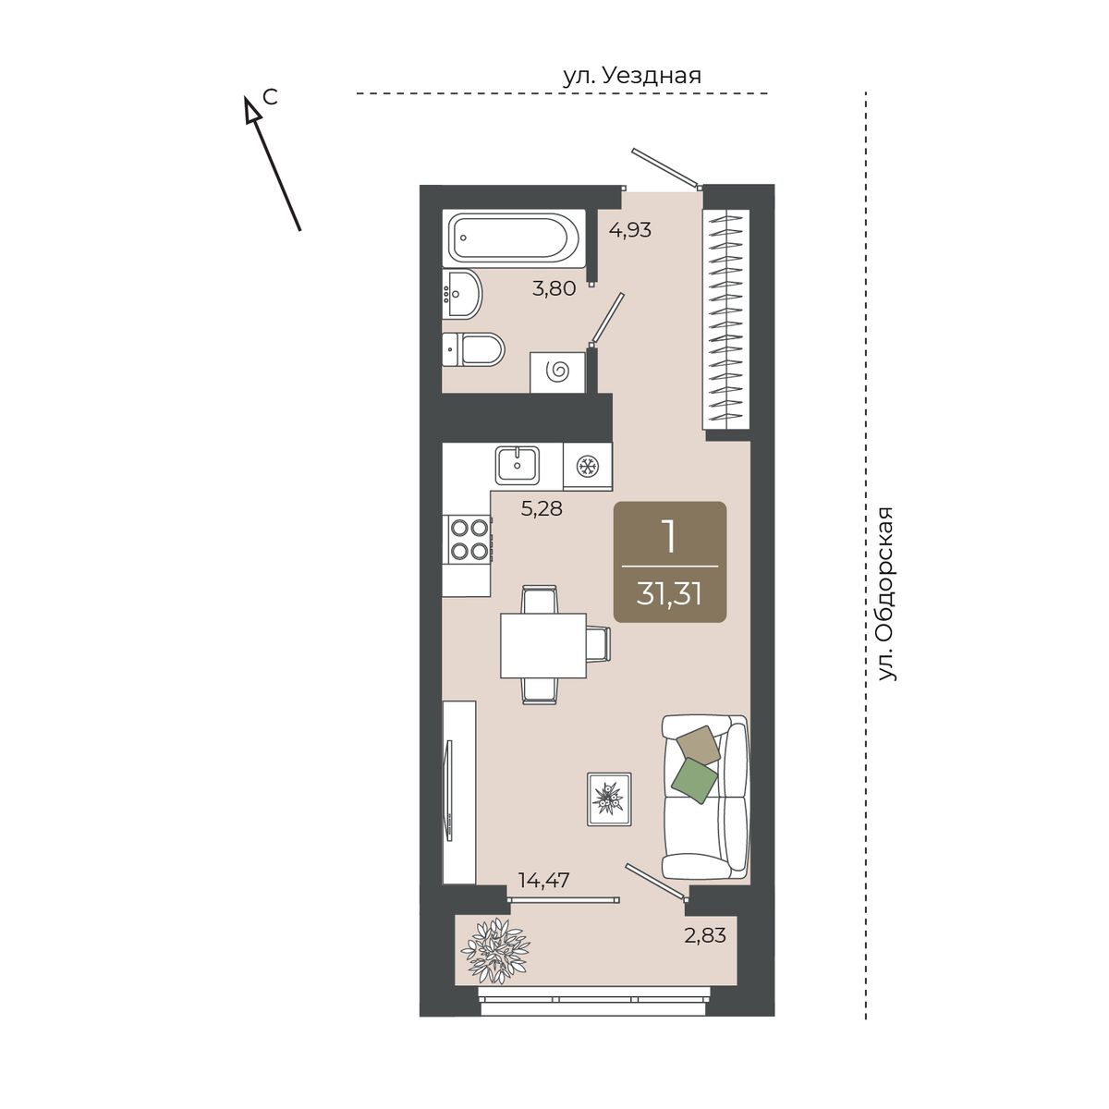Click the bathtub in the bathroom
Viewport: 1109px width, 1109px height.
tap(513, 238)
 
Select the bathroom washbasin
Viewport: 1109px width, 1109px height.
tap(462, 293)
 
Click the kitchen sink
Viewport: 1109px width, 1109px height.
tap(518, 466)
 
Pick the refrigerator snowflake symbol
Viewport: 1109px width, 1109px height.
tap(588, 466)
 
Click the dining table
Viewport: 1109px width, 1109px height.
tap(543, 644)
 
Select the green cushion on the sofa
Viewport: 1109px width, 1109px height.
tap(695, 780)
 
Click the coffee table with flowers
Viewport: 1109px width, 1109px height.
tap(609, 798)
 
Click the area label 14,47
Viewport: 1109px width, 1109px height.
tap(543, 880)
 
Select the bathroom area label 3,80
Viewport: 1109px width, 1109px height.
tap(554, 287)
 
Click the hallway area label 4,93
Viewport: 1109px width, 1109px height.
tap(630, 230)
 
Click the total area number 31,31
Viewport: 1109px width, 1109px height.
tap(669, 594)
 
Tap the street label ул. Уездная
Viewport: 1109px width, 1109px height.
tap(632, 76)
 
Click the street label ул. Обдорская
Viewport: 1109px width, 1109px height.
tap(887, 594)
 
